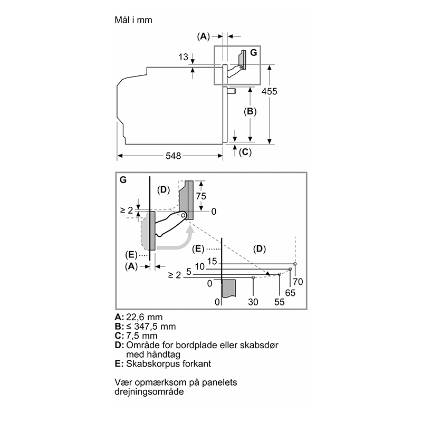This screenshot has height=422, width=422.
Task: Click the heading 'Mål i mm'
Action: click(133, 20)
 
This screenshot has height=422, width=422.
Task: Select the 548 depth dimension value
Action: click(174, 156)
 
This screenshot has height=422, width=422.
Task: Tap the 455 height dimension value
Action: click(270, 91)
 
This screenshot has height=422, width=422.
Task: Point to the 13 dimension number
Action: click(183, 57)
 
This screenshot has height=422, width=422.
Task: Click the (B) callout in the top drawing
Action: click(250, 111)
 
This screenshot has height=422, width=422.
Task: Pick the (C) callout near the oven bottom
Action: click(245, 152)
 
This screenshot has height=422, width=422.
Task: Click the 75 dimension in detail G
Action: click(201, 196)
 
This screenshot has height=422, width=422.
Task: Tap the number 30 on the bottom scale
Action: click(253, 302)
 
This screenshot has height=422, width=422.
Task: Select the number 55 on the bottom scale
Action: click(280, 302)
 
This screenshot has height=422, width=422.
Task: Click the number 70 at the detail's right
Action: click(298, 282)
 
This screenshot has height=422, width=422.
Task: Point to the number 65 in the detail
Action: click(290, 293)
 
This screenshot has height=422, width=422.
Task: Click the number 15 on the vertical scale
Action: click(212, 261)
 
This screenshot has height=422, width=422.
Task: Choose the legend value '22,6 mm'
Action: click(144, 318)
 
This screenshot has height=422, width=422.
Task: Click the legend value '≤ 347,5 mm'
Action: click(151, 327)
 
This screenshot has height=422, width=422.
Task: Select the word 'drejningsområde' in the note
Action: click(149, 391)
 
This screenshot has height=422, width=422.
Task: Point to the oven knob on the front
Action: click(232, 91)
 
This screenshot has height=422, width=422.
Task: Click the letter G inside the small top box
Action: click(254, 52)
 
